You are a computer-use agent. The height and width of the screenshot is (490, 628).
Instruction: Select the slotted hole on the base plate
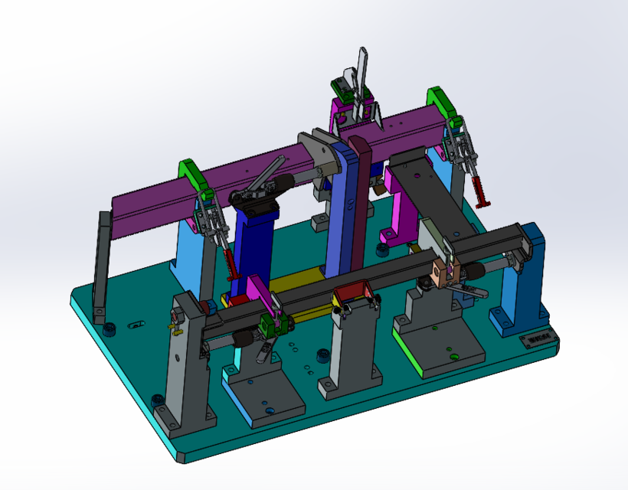[x=136, y=325]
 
